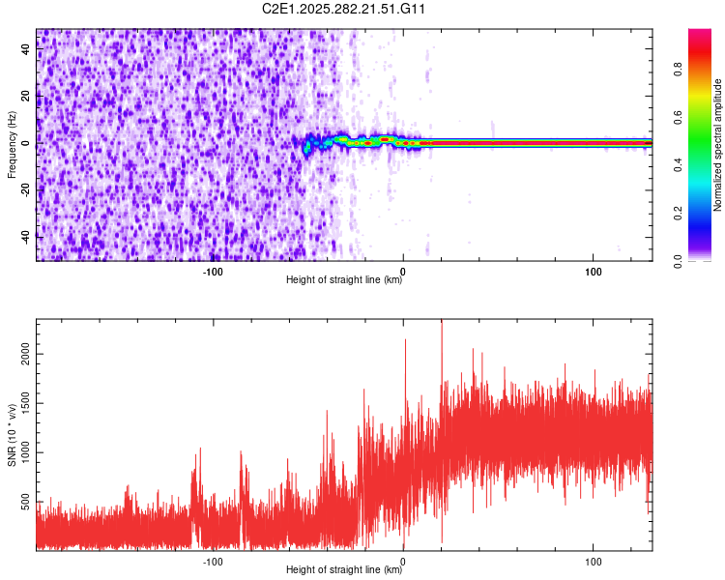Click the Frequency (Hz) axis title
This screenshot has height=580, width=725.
(12, 145)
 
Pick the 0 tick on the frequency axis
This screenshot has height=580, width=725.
(27, 142)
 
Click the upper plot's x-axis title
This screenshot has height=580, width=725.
(344, 280)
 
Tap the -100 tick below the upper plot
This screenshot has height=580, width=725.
(214, 271)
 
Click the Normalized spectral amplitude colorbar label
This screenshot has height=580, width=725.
(718, 145)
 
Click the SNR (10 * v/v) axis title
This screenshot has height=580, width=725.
(12, 436)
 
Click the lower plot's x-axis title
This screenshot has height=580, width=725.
(344, 570)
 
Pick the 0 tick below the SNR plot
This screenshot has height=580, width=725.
(403, 561)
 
